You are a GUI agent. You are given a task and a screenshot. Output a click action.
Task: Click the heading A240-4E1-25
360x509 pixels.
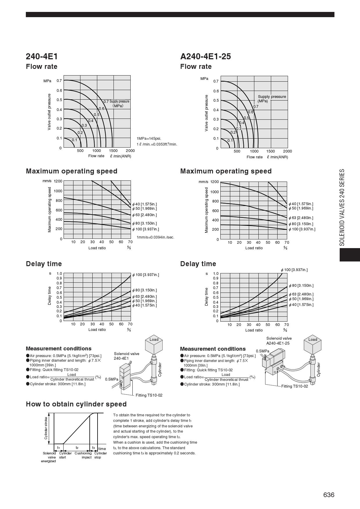206,56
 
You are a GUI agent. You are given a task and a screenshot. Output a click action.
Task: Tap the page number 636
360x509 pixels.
329,495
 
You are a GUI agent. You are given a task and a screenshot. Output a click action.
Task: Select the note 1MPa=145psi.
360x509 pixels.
149,139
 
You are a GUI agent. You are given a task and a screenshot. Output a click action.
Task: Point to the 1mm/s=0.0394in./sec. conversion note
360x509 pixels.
155,237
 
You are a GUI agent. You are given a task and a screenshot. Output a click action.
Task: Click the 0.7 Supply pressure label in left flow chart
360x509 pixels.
116,102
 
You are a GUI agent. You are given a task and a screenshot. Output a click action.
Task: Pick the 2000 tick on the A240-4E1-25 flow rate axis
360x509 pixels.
287,151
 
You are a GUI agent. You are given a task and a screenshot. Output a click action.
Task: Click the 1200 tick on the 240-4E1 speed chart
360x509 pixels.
58,181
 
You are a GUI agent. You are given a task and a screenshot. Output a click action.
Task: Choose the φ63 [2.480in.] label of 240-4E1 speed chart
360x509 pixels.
144,215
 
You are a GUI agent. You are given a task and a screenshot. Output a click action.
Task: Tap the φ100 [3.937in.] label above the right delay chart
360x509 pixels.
294,270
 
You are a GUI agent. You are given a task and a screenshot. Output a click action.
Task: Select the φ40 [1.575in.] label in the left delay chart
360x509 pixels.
144,305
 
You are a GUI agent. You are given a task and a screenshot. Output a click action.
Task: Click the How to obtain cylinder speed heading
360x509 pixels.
76,404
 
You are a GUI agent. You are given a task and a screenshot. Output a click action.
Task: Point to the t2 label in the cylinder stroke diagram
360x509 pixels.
77,448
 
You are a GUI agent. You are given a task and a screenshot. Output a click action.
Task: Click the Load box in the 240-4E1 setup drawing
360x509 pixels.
154,340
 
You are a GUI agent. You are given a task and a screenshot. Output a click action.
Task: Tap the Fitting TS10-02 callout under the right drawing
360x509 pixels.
294,386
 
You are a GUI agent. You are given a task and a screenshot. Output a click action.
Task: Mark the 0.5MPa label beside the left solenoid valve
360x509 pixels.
111,379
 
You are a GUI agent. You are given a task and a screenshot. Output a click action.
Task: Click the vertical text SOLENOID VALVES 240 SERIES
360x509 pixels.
342,207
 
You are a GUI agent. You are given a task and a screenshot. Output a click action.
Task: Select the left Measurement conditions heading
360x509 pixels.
59,349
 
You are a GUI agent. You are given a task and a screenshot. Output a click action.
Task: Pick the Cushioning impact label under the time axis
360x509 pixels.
83,455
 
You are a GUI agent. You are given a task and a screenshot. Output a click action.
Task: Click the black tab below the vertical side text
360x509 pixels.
350,255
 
